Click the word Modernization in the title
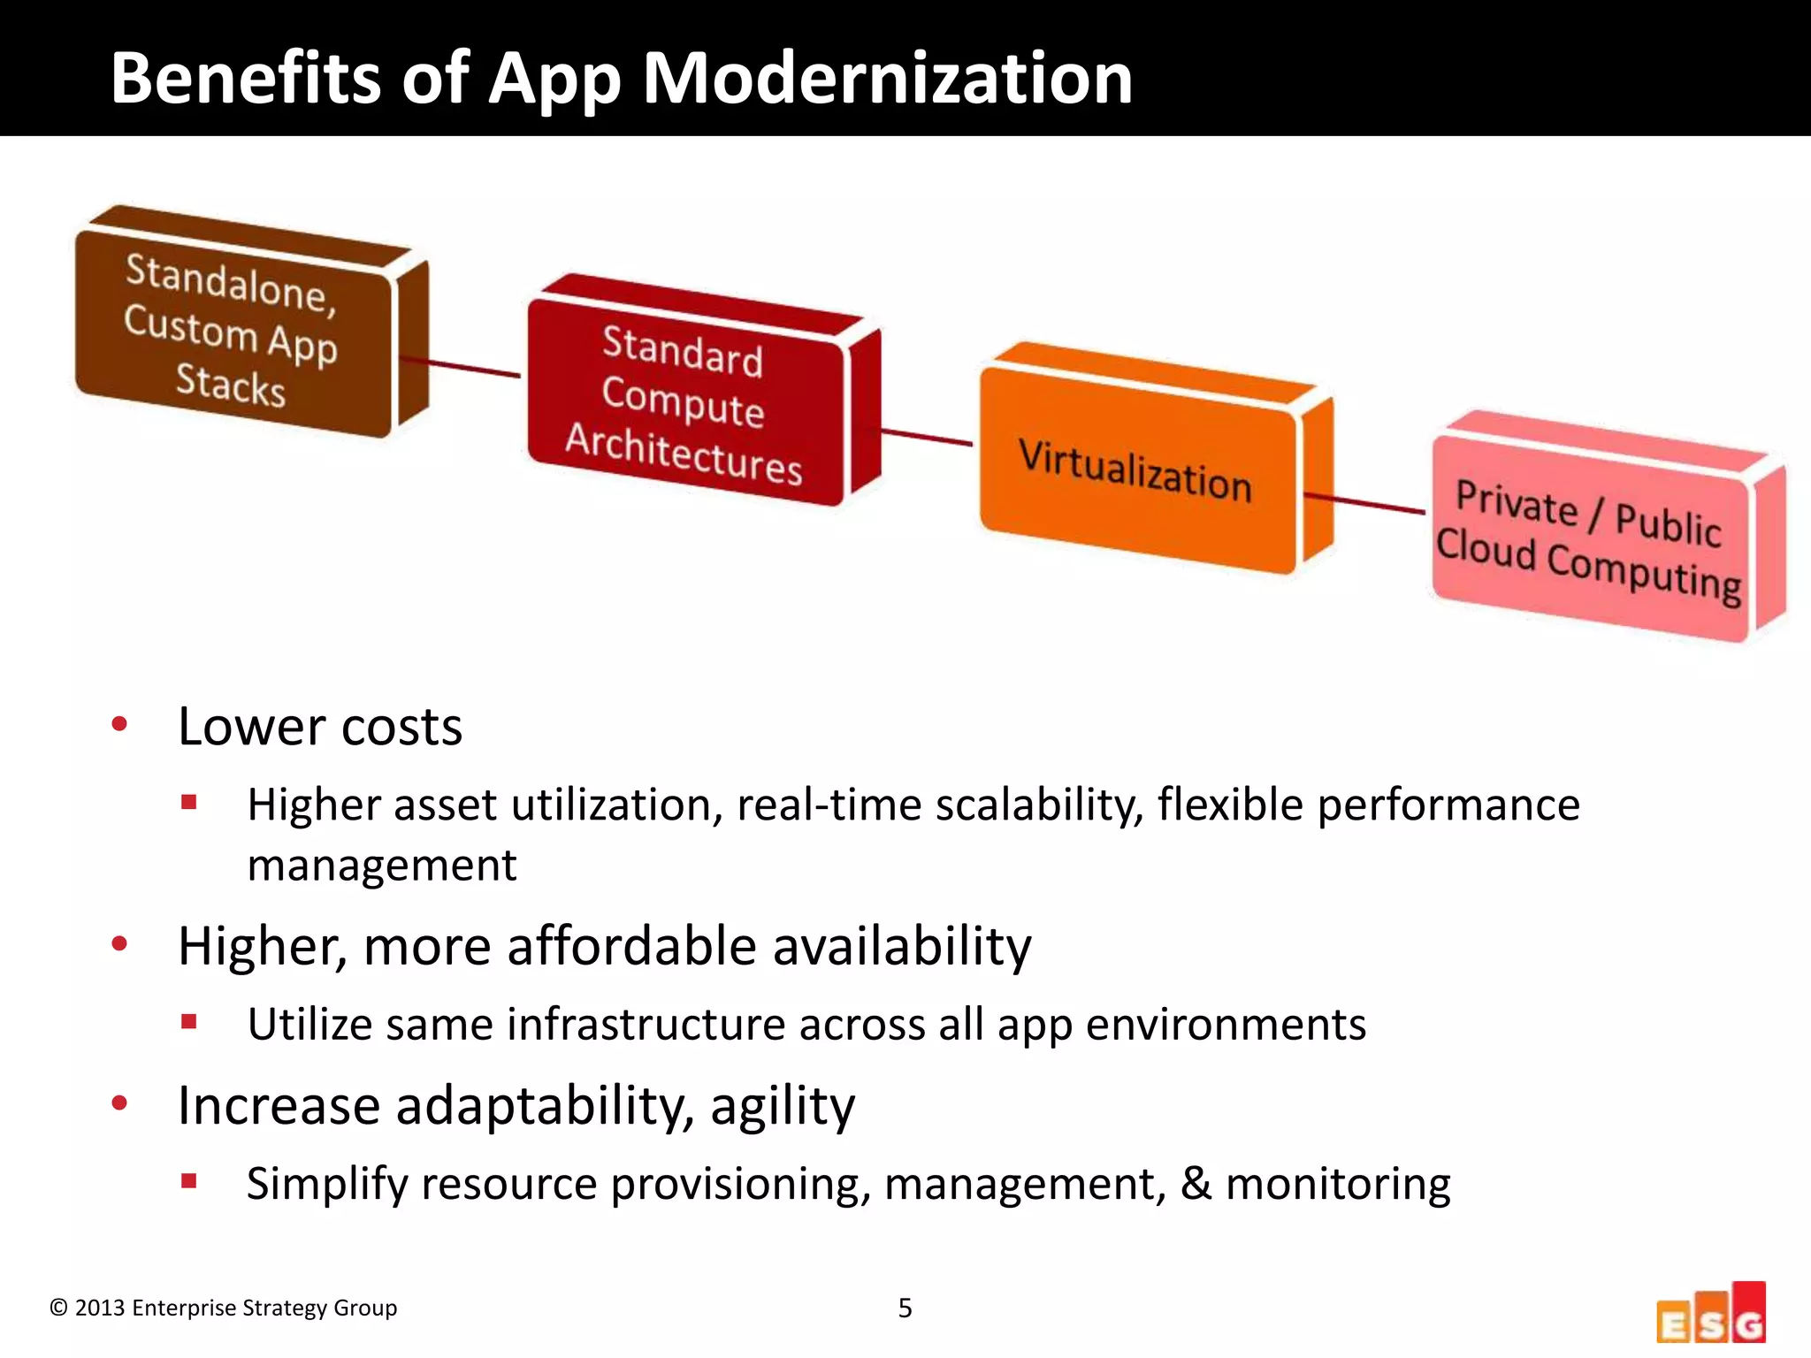pyautogui.click(x=886, y=78)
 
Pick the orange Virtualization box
pyautogui.click(x=1136, y=469)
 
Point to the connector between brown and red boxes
pyautogui.click(x=460, y=367)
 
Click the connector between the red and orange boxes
pyautogui.click(x=927, y=437)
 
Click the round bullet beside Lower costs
pyautogui.click(x=119, y=725)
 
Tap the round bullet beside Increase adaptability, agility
pyautogui.click(x=119, y=1103)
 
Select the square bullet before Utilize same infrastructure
pyautogui.click(x=188, y=1022)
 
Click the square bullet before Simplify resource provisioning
pyautogui.click(x=188, y=1180)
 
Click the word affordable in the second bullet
pyautogui.click(x=631, y=946)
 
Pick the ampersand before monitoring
pyautogui.click(x=1196, y=1183)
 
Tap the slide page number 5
pyautogui.click(x=905, y=1308)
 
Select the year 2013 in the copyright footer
pyautogui.click(x=99, y=1308)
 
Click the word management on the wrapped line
pyautogui.click(x=381, y=866)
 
